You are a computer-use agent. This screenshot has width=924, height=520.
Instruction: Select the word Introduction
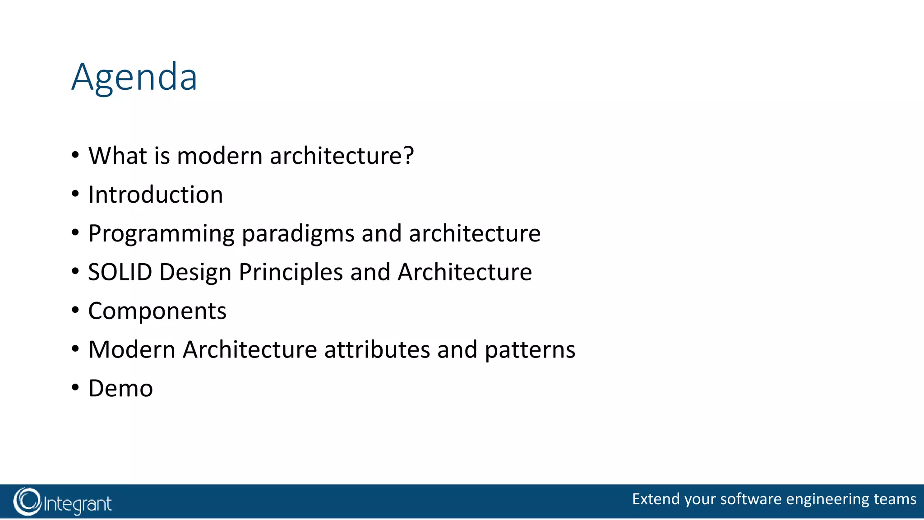pos(155,195)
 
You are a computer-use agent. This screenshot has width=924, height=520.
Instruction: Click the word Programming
pos(161,234)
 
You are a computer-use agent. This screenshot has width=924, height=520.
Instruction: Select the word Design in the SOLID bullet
pos(195,272)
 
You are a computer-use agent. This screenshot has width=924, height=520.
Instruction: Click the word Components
pos(157,311)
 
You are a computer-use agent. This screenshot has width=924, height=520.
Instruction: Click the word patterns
pos(530,350)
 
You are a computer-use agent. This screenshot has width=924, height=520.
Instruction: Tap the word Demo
pos(120,389)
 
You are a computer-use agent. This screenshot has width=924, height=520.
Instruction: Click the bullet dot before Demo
pos(75,387)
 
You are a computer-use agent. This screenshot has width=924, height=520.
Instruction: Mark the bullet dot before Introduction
pos(75,194)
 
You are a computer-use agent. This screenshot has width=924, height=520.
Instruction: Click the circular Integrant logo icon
pos(27,501)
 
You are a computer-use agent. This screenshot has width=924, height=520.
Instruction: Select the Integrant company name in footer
pos(77,504)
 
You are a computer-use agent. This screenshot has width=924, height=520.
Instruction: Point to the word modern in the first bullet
pos(220,156)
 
